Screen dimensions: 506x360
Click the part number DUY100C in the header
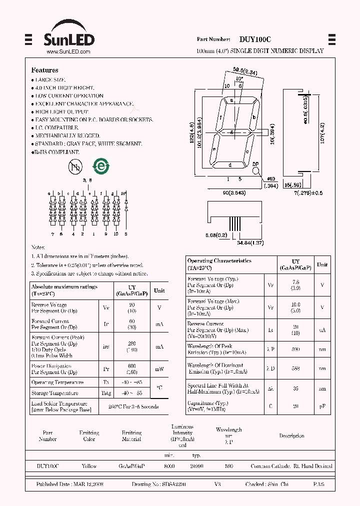[254, 39]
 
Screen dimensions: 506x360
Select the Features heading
[44, 70]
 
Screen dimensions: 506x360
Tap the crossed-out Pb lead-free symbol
[75, 167]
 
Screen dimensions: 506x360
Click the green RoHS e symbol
[100, 166]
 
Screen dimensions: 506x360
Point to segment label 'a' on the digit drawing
[231, 100]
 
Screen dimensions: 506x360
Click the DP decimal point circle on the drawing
[256, 170]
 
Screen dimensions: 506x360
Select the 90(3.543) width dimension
[233, 193]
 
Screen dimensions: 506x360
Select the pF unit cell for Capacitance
[322, 406]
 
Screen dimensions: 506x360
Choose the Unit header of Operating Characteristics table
[322, 264]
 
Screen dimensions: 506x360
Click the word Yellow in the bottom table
[89, 466]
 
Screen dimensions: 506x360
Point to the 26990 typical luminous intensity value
[196, 466]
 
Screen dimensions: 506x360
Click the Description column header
[291, 436]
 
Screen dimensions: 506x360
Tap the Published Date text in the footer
[69, 485]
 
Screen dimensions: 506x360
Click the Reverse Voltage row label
[49, 305]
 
